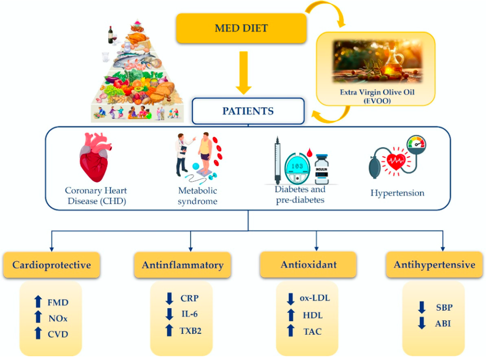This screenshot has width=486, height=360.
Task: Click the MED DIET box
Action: (241, 28)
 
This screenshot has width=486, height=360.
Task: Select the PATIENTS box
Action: (248, 111)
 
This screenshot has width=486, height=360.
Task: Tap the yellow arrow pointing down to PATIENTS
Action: (244, 73)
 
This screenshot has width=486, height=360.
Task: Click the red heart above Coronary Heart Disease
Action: (95, 157)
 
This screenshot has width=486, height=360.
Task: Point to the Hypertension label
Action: (397, 193)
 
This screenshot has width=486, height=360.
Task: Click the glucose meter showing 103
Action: (297, 169)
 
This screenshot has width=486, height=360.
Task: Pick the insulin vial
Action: (322, 169)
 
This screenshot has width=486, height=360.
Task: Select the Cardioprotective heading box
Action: (52, 265)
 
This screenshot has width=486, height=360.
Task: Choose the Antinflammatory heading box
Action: (183, 265)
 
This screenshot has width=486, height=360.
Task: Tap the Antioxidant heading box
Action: (308, 265)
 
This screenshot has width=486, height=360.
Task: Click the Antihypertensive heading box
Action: (435, 265)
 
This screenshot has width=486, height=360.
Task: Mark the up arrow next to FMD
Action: (38, 302)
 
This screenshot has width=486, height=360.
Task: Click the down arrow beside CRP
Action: (169, 298)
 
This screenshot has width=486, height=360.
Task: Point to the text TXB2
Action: (191, 331)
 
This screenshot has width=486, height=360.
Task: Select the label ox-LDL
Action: (315, 298)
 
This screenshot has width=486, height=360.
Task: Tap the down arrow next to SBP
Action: (422, 307)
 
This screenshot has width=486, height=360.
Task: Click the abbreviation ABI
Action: (443, 324)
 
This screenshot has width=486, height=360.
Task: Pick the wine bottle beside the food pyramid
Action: (110, 35)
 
